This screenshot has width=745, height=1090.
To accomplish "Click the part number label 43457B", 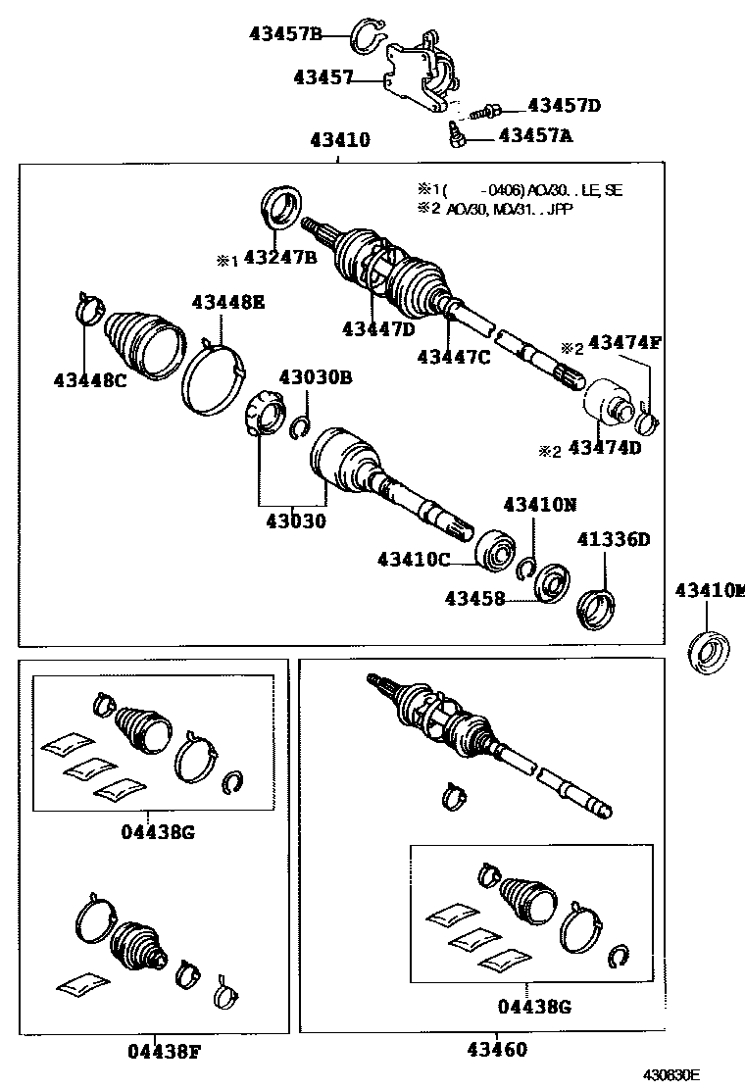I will click(x=284, y=34).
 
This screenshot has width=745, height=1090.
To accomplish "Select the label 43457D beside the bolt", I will click(x=564, y=105).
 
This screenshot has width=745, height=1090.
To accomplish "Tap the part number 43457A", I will click(x=535, y=136).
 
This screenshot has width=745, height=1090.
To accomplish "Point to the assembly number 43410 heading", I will click(x=340, y=140).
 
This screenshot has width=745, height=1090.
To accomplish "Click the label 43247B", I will click(x=279, y=258).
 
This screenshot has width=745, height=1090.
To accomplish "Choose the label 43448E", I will click(x=227, y=302).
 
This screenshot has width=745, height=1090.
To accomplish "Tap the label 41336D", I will click(x=614, y=539).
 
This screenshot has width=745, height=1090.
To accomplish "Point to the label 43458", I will click(x=474, y=598).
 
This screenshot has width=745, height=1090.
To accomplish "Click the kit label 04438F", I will click(x=165, y=1052).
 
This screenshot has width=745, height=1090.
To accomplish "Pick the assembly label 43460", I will click(x=494, y=1050).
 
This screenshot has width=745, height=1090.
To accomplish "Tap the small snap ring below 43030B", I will click(x=301, y=427).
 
